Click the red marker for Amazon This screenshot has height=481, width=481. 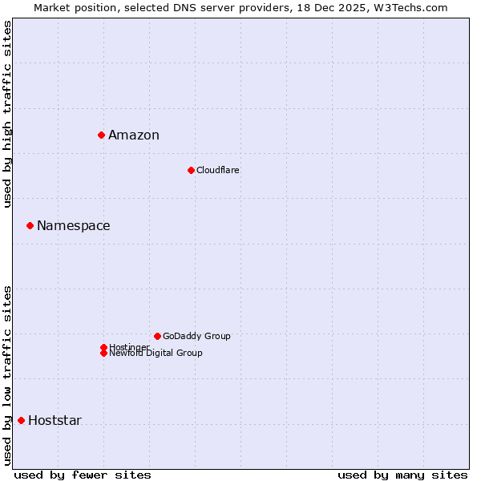[x=101, y=135]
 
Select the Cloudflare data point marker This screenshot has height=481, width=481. [x=191, y=170]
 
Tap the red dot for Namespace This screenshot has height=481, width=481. [x=30, y=225]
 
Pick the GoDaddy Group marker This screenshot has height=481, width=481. [x=157, y=336]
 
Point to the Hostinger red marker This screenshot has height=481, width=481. [x=103, y=347]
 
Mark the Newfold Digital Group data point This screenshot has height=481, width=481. [x=103, y=353]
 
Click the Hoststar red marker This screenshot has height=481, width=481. [x=21, y=420]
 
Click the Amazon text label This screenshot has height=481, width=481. [x=134, y=135]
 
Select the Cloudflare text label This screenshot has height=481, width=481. [x=217, y=170]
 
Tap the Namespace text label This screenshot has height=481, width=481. [x=74, y=225]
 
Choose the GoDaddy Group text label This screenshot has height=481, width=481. [x=196, y=336]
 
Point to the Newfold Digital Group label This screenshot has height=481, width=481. [x=156, y=354]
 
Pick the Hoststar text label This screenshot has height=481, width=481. [x=55, y=420]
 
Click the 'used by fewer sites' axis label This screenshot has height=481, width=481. [x=83, y=475]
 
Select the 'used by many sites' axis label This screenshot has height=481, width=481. [x=402, y=475]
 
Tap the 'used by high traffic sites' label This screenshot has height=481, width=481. [x=7, y=115]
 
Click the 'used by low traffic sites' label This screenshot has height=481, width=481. [x=7, y=375]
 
